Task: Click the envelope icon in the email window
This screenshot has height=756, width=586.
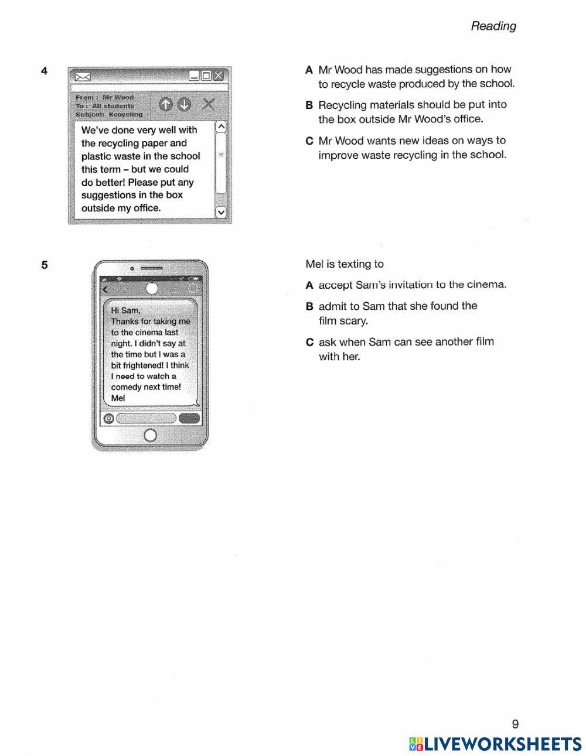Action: click(x=83, y=76)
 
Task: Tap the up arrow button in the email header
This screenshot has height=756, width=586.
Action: click(x=166, y=104)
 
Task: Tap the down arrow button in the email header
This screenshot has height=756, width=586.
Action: click(x=184, y=104)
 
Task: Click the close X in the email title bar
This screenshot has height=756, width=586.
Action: click(x=219, y=75)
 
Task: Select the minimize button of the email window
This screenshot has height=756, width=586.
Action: click(x=195, y=75)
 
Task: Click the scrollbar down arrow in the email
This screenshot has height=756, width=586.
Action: click(x=221, y=212)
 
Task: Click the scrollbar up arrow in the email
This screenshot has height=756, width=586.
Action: click(x=221, y=126)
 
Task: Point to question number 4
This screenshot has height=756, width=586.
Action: click(x=45, y=71)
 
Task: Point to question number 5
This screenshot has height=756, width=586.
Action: click(x=45, y=265)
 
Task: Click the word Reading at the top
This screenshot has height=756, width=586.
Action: click(x=493, y=26)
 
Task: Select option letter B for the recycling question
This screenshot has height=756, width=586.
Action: click(x=309, y=105)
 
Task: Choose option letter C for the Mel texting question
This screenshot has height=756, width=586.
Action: click(x=309, y=342)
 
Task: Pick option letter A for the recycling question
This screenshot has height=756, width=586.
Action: click(x=309, y=70)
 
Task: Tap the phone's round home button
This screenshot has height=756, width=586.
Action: click(x=150, y=435)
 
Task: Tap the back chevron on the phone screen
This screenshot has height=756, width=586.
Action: click(x=105, y=289)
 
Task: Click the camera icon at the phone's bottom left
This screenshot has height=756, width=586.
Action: click(x=108, y=418)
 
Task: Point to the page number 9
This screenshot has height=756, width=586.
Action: click(x=515, y=724)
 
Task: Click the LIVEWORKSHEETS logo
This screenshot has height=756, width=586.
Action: click(x=495, y=744)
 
